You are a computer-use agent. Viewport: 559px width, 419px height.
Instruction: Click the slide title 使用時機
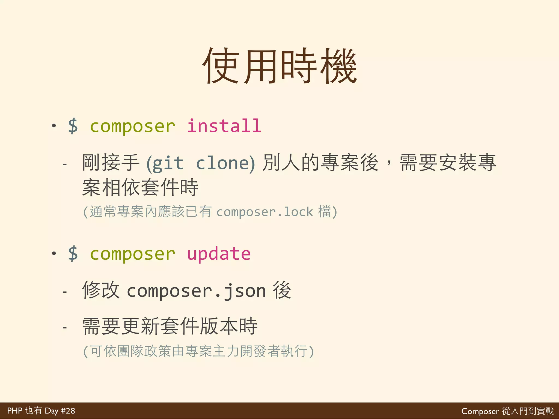(279, 66)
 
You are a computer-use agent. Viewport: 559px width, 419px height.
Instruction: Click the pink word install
(224, 126)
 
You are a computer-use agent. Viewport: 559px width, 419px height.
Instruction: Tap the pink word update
(219, 254)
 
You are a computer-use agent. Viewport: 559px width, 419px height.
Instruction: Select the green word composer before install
(132, 127)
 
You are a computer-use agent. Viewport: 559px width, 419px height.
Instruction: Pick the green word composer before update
(132, 254)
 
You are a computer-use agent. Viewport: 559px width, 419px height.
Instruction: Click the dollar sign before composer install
(73, 126)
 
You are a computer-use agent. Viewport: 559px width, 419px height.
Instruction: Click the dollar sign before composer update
(73, 254)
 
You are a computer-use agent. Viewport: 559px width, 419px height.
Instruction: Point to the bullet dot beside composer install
(54, 126)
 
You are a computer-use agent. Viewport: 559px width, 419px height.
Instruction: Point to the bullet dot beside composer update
(54, 253)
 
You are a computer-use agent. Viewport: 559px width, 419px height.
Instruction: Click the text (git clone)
(201, 163)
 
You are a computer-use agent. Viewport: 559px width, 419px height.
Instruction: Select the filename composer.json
(196, 291)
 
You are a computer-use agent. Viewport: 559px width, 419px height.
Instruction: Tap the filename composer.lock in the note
(264, 212)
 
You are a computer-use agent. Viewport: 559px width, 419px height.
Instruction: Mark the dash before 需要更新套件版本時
(65, 327)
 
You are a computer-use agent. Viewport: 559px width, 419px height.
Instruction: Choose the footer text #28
(68, 411)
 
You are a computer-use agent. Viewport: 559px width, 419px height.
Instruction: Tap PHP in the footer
(14, 411)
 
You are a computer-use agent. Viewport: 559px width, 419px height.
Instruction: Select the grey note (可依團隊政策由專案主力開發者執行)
(198, 351)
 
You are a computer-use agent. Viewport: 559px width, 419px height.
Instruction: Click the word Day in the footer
(52, 411)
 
